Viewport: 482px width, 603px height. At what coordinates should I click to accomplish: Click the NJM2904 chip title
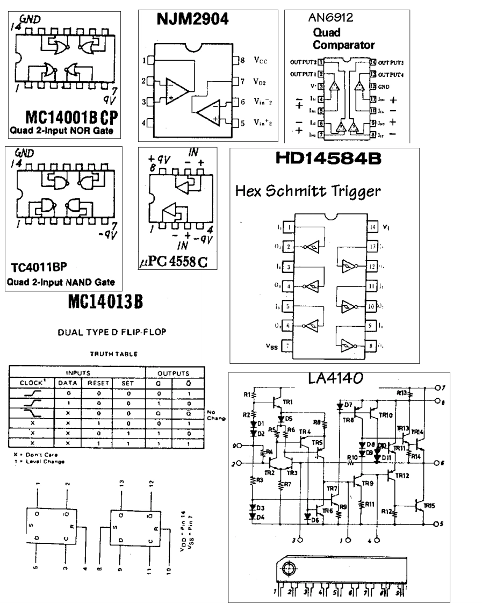click(192, 20)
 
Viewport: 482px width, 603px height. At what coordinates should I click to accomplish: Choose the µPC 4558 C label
click(172, 263)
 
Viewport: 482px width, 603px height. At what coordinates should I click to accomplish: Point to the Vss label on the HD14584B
click(271, 346)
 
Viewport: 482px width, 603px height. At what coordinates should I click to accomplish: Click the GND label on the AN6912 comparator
click(385, 86)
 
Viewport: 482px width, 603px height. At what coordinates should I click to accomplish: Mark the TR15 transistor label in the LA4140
click(429, 506)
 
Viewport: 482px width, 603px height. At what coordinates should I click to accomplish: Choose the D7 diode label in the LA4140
click(348, 405)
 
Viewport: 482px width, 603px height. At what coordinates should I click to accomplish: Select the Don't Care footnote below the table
click(32, 454)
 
